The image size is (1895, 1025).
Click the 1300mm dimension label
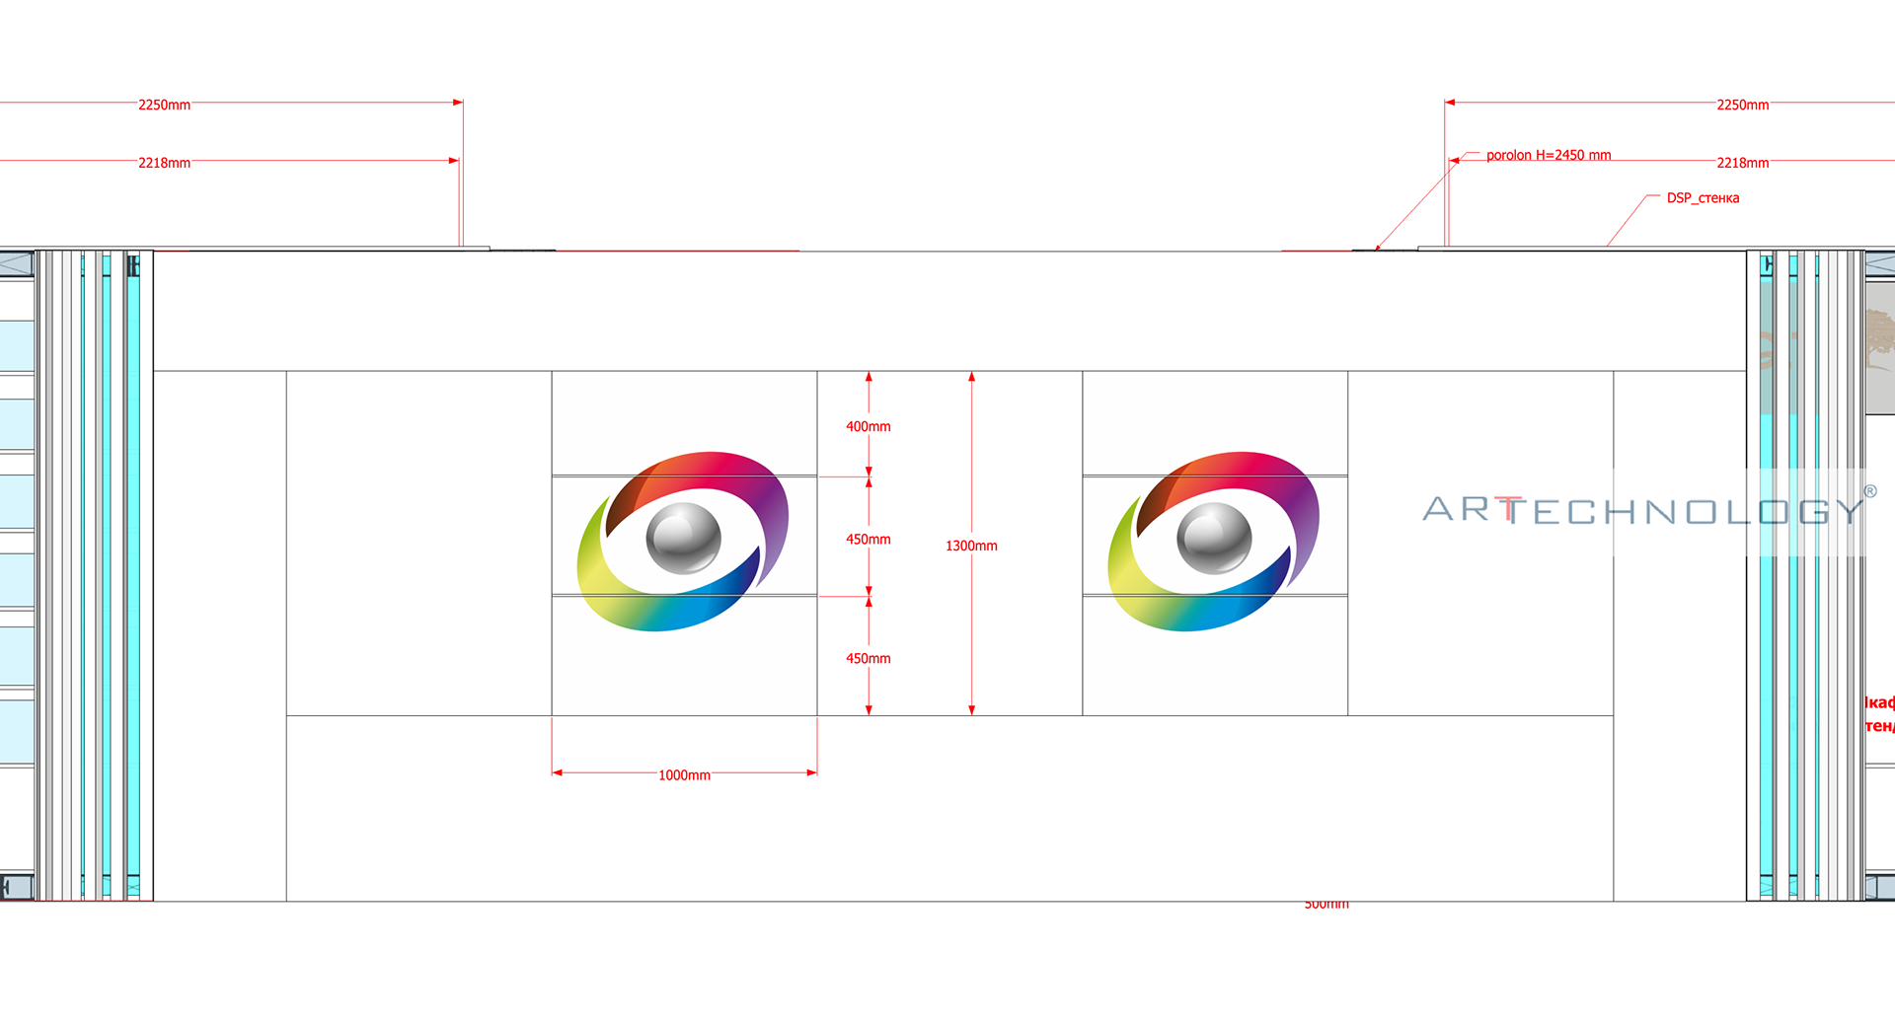pos(971,546)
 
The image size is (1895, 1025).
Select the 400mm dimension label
pos(868,426)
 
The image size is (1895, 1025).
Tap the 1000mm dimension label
pos(684,775)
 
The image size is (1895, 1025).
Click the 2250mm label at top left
pos(164,105)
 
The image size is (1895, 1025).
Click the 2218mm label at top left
pos(164,163)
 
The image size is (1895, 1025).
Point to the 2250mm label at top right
pos(1742,105)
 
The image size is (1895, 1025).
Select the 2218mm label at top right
pos(1742,163)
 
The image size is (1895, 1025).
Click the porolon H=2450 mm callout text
pos(1548,155)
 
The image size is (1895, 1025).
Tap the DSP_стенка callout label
pos(1703,198)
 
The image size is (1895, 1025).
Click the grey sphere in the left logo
pos(683,538)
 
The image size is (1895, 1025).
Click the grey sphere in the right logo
pos(1214,538)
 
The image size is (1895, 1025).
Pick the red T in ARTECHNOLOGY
pos(1510,510)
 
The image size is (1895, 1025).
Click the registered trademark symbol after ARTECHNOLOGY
pos(1869,491)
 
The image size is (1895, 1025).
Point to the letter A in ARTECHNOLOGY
pos(1439,509)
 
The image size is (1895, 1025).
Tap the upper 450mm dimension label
pos(868,539)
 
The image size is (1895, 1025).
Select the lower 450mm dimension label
pos(868,658)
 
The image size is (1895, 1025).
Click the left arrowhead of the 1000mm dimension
pos(557,772)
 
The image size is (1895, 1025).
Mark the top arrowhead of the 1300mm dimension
pos(971,377)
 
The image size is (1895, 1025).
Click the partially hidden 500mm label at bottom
pos(1326,904)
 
